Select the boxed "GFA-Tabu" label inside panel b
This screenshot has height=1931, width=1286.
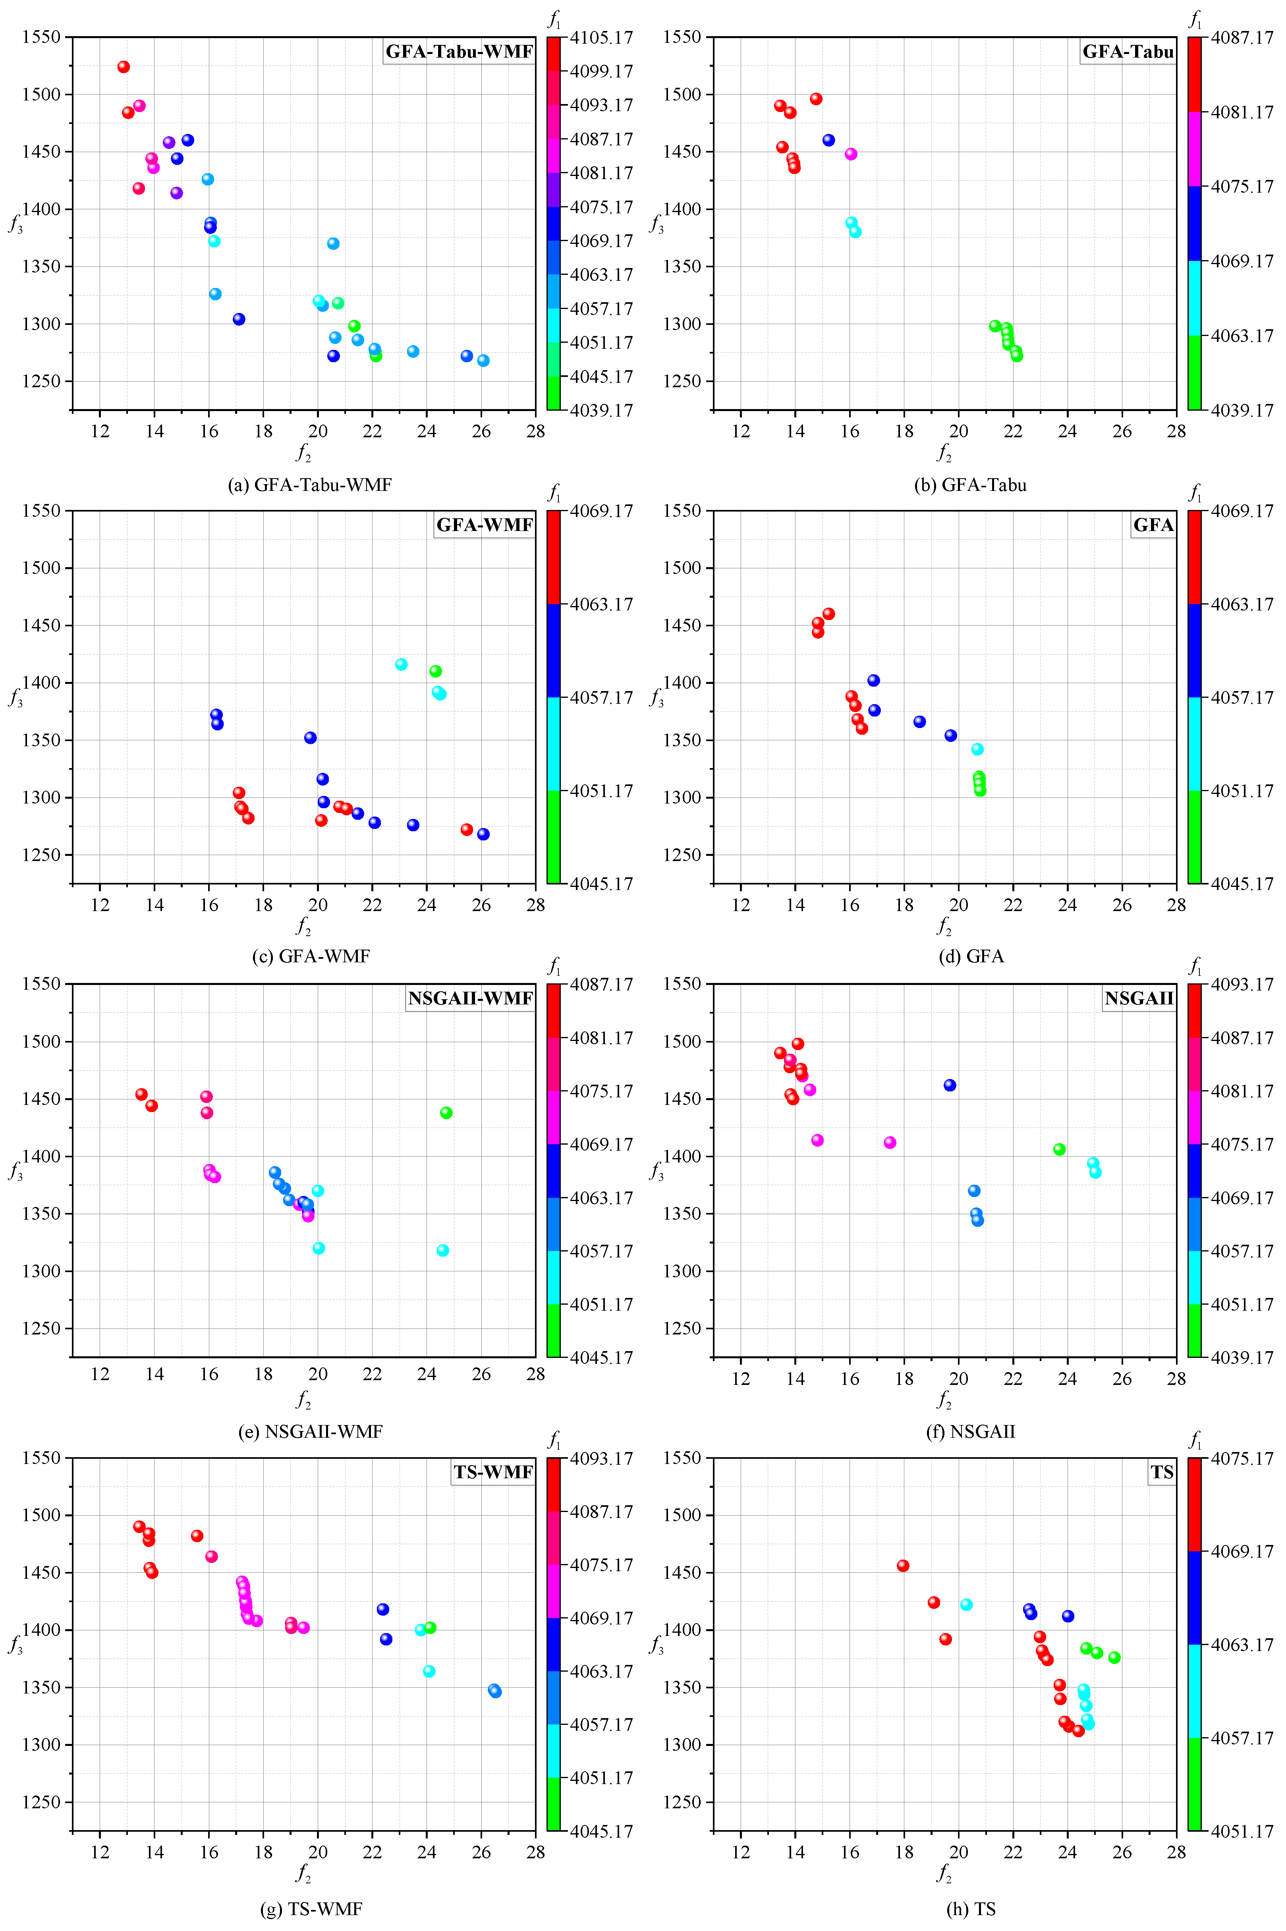coord(1128,52)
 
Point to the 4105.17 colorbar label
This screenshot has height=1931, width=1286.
coord(602,38)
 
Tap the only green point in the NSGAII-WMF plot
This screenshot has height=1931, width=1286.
coord(446,1113)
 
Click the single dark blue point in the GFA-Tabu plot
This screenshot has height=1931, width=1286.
coord(828,140)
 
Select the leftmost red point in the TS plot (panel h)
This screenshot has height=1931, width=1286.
coord(903,1565)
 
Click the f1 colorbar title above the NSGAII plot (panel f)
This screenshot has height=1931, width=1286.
coord(1196,966)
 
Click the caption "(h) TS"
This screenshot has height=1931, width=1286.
coord(971,1909)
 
